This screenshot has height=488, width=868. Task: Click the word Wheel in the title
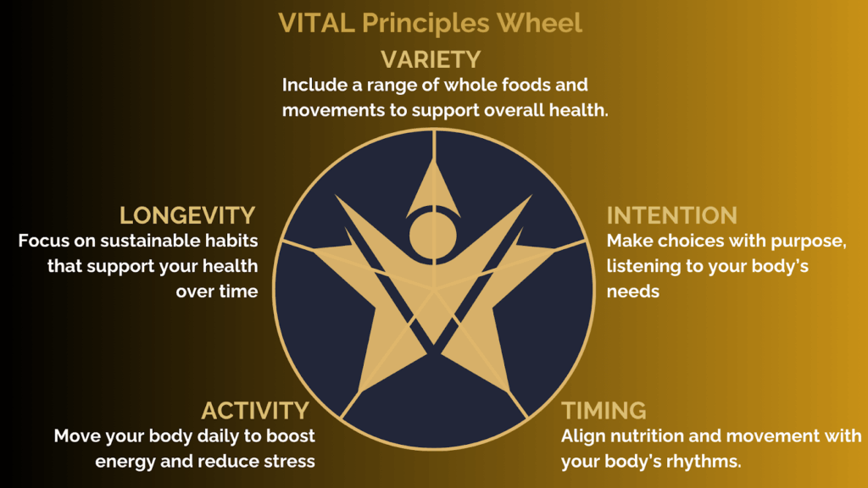coord(539,23)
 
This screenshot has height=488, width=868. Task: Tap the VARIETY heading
coord(431,60)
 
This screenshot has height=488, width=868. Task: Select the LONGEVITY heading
coord(187,216)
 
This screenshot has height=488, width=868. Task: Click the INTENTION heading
coord(672,216)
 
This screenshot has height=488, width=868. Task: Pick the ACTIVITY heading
coord(255,411)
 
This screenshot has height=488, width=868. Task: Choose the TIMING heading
coord(604,411)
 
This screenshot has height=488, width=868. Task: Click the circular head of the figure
coord(433,236)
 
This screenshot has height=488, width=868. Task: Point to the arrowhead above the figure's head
coord(433,187)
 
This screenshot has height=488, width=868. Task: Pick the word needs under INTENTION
coord(632,291)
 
